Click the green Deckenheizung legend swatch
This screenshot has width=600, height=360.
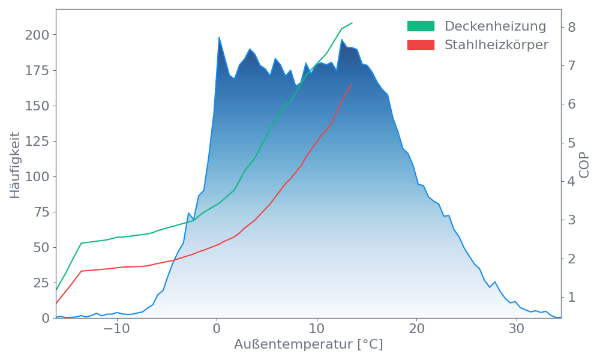click(421, 26)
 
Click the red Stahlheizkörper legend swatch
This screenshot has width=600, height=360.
click(421, 45)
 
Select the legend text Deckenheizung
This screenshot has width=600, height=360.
click(495, 26)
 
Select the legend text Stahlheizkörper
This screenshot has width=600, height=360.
click(496, 45)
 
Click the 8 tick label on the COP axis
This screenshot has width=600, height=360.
click(572, 27)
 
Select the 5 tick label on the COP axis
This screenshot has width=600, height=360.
click(572, 143)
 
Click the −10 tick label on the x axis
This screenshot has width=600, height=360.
click(116, 329)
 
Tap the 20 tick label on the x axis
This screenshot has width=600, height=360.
click(416, 329)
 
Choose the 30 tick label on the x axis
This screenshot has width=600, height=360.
click(517, 329)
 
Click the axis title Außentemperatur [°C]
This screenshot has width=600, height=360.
click(308, 345)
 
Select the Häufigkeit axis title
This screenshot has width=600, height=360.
click(15, 165)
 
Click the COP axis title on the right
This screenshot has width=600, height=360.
click(584, 164)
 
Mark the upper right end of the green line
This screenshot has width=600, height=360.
click(352, 23)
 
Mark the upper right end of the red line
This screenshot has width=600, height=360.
click(352, 83)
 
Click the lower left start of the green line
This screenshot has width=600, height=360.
click(56, 289)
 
